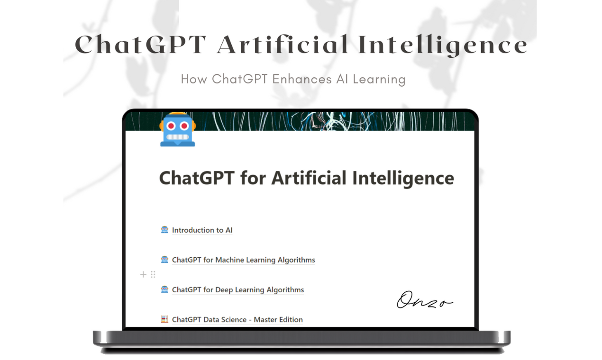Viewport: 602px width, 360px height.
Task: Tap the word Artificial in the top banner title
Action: click(x=283, y=45)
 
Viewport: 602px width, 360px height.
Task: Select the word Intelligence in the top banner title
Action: click(x=443, y=45)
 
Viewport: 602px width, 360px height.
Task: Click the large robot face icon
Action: click(x=178, y=129)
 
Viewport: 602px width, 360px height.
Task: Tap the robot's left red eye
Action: click(x=171, y=126)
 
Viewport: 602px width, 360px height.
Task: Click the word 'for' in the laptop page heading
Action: click(x=253, y=178)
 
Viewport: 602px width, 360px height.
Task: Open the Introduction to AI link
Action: click(x=202, y=230)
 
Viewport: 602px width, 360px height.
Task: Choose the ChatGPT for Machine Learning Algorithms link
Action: click(x=243, y=260)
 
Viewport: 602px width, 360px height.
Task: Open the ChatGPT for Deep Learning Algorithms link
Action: click(x=237, y=290)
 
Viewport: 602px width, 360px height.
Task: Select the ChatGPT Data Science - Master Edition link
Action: click(x=237, y=320)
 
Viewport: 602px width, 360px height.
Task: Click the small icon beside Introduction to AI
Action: click(x=164, y=230)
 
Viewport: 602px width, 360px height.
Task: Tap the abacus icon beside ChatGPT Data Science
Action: click(x=164, y=319)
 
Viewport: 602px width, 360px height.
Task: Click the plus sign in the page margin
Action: click(x=143, y=274)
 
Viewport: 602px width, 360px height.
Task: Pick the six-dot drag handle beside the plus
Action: click(x=153, y=274)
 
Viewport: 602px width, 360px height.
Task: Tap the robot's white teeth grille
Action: click(x=178, y=137)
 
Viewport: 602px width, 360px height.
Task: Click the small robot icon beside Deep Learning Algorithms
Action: click(x=164, y=289)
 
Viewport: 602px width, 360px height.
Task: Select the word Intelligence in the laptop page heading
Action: click(x=403, y=178)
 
